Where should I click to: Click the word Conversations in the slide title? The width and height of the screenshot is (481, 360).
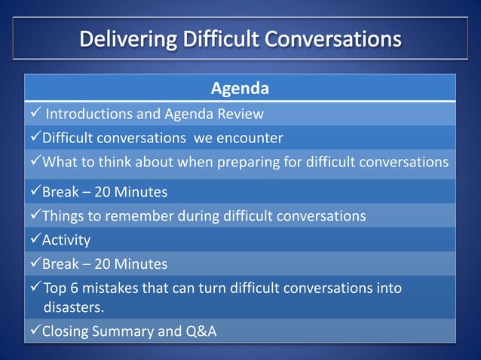[334, 38]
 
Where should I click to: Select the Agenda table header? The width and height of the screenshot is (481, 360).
[240, 89]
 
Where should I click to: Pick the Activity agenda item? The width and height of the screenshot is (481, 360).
[66, 240]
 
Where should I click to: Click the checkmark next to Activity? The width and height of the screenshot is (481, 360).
[34, 240]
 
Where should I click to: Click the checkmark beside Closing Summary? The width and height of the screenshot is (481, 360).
[34, 331]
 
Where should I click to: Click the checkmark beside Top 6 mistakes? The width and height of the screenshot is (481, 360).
[34, 288]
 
